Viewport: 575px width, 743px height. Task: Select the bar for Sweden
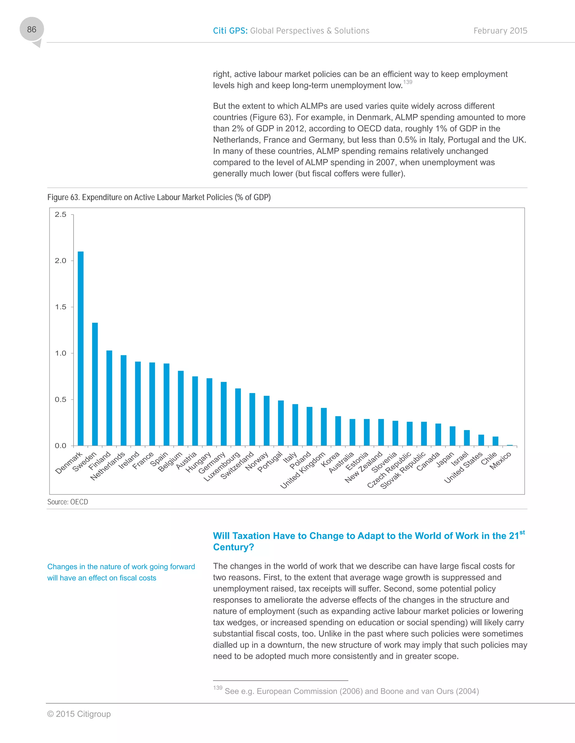click(95, 384)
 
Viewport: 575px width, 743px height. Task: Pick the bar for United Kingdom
click(324, 427)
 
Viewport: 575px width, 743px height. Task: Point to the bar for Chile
click(495, 441)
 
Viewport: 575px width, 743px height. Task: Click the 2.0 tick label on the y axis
click(61, 260)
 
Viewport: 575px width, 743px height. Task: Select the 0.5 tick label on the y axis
click(61, 399)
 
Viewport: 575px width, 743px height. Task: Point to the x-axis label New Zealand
click(364, 467)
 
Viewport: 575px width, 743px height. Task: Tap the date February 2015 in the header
click(500, 31)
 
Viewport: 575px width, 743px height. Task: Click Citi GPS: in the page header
click(230, 31)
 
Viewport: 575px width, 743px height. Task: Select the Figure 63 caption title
click(159, 197)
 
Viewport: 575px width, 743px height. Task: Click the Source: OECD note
click(67, 502)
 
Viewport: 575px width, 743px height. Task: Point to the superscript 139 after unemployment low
click(407, 82)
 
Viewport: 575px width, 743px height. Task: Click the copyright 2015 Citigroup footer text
click(79, 714)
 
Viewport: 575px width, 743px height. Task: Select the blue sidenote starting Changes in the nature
click(121, 572)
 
